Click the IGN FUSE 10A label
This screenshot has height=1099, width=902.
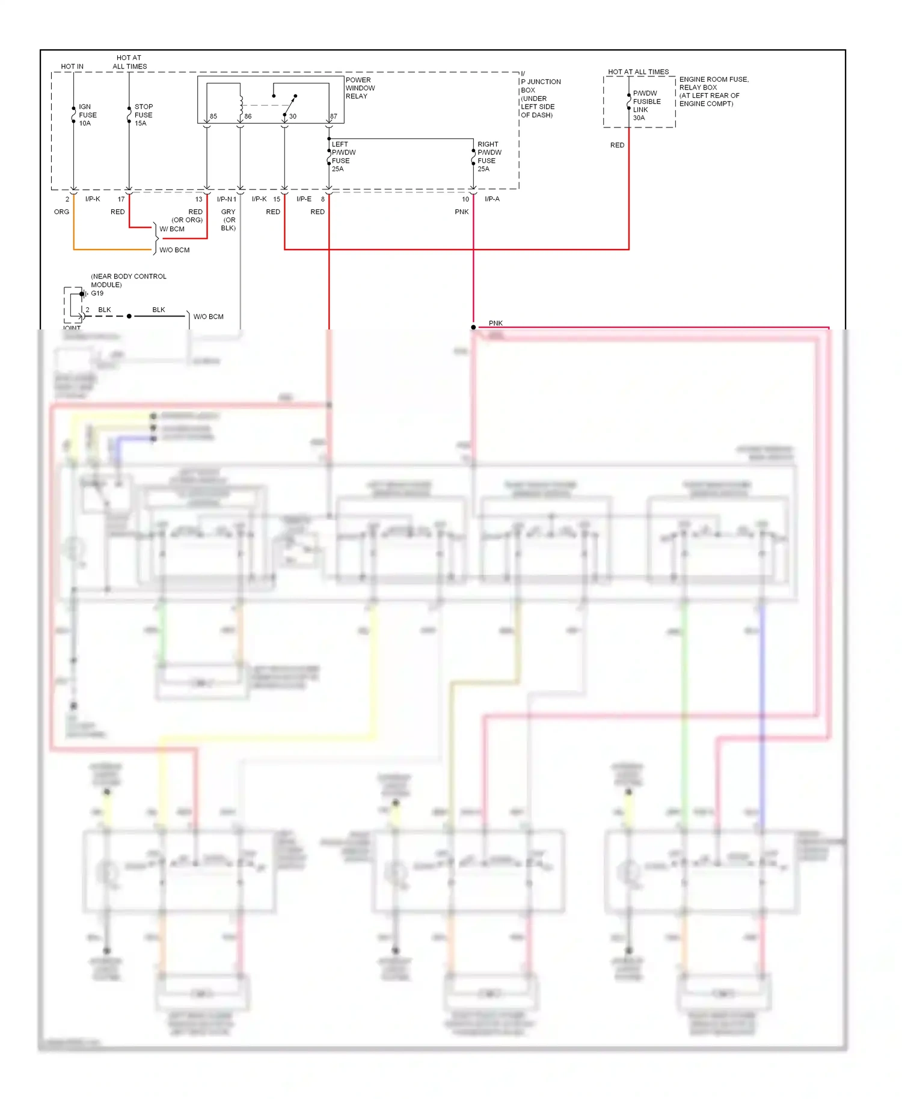tap(87, 115)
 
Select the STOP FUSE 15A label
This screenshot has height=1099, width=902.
tap(143, 115)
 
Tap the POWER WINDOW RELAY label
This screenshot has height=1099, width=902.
tap(360, 88)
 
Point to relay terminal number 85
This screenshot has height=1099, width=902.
tap(213, 117)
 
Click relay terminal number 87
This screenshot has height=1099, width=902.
tap(333, 117)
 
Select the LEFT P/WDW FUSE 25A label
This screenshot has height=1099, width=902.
tap(343, 156)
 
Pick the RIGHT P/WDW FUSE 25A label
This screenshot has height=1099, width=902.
tap(489, 156)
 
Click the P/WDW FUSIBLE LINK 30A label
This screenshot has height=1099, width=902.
tap(646, 105)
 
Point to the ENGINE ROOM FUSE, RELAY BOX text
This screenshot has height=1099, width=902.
tap(713, 83)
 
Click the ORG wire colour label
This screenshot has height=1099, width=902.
tap(61, 212)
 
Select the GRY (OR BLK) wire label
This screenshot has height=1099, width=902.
tap(228, 219)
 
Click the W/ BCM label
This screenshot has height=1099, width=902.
tap(172, 229)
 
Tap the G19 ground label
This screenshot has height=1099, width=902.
tap(97, 293)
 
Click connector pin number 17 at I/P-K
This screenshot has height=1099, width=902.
tap(121, 199)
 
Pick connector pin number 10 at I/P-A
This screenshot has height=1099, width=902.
tap(465, 199)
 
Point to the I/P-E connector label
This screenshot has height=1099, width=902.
tap(304, 199)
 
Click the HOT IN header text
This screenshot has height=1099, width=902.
tap(72, 67)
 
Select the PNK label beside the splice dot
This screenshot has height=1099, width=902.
tap(495, 323)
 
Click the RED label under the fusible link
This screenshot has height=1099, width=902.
tap(617, 145)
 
